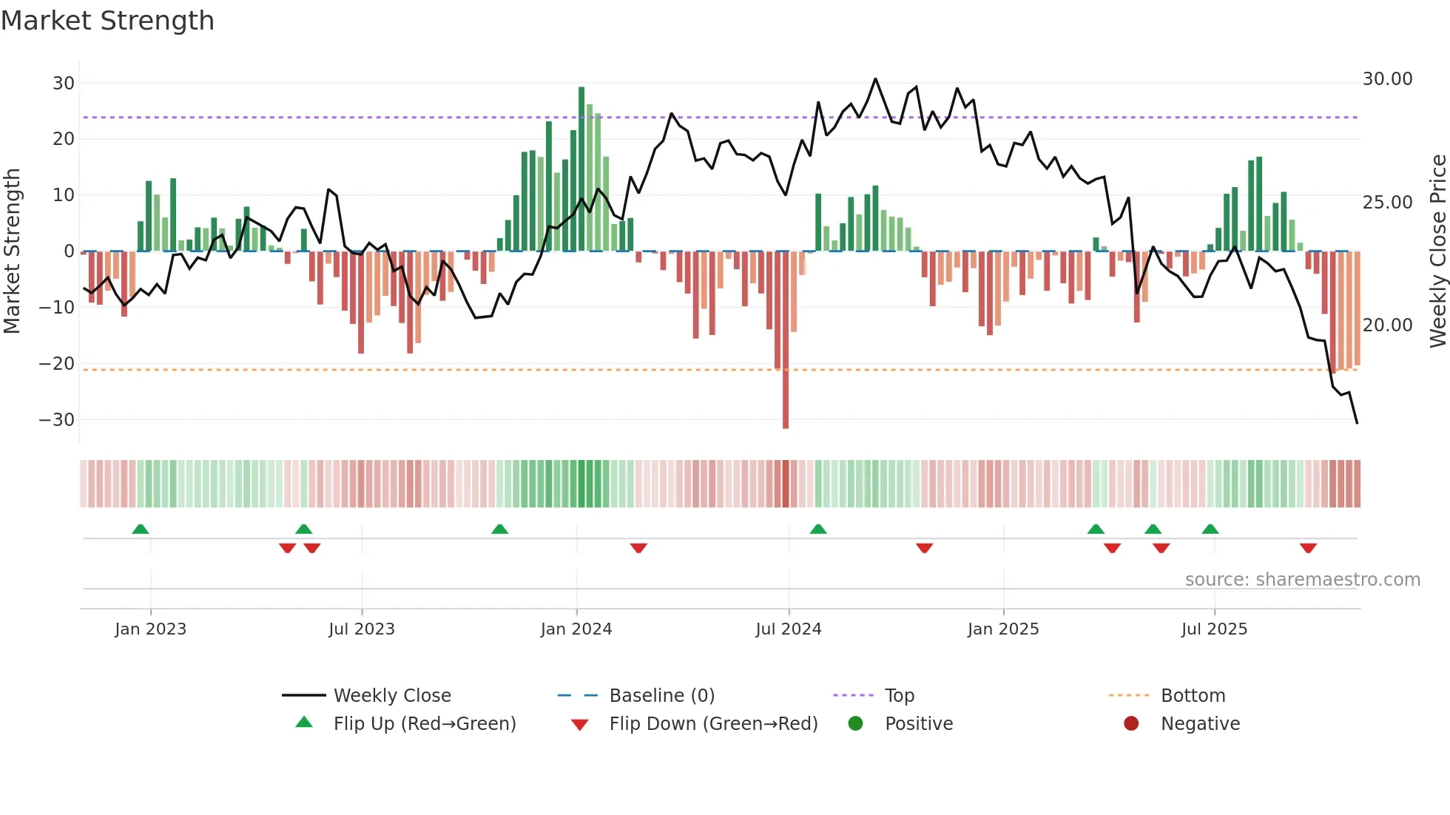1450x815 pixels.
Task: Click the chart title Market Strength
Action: coord(107,21)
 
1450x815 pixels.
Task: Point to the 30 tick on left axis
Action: coord(63,83)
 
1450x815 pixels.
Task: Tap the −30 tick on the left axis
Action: coord(57,419)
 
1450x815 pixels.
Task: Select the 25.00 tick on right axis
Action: coord(1387,202)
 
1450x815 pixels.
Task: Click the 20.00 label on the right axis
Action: coord(1387,325)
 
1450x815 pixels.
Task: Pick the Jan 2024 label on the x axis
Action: coord(576,629)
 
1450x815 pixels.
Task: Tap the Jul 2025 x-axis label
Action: coord(1214,629)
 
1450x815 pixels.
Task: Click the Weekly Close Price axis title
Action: coord(1437,251)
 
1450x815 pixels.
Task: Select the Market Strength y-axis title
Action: coord(12,251)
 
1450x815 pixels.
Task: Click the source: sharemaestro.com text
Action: coord(1302,579)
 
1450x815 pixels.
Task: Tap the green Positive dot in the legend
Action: coord(855,723)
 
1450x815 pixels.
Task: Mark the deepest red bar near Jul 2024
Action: coord(786,340)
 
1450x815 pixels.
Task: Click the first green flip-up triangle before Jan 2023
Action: coord(141,529)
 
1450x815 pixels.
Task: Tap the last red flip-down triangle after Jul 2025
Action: coord(1308,548)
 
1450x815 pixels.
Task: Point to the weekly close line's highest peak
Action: coord(875,79)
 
